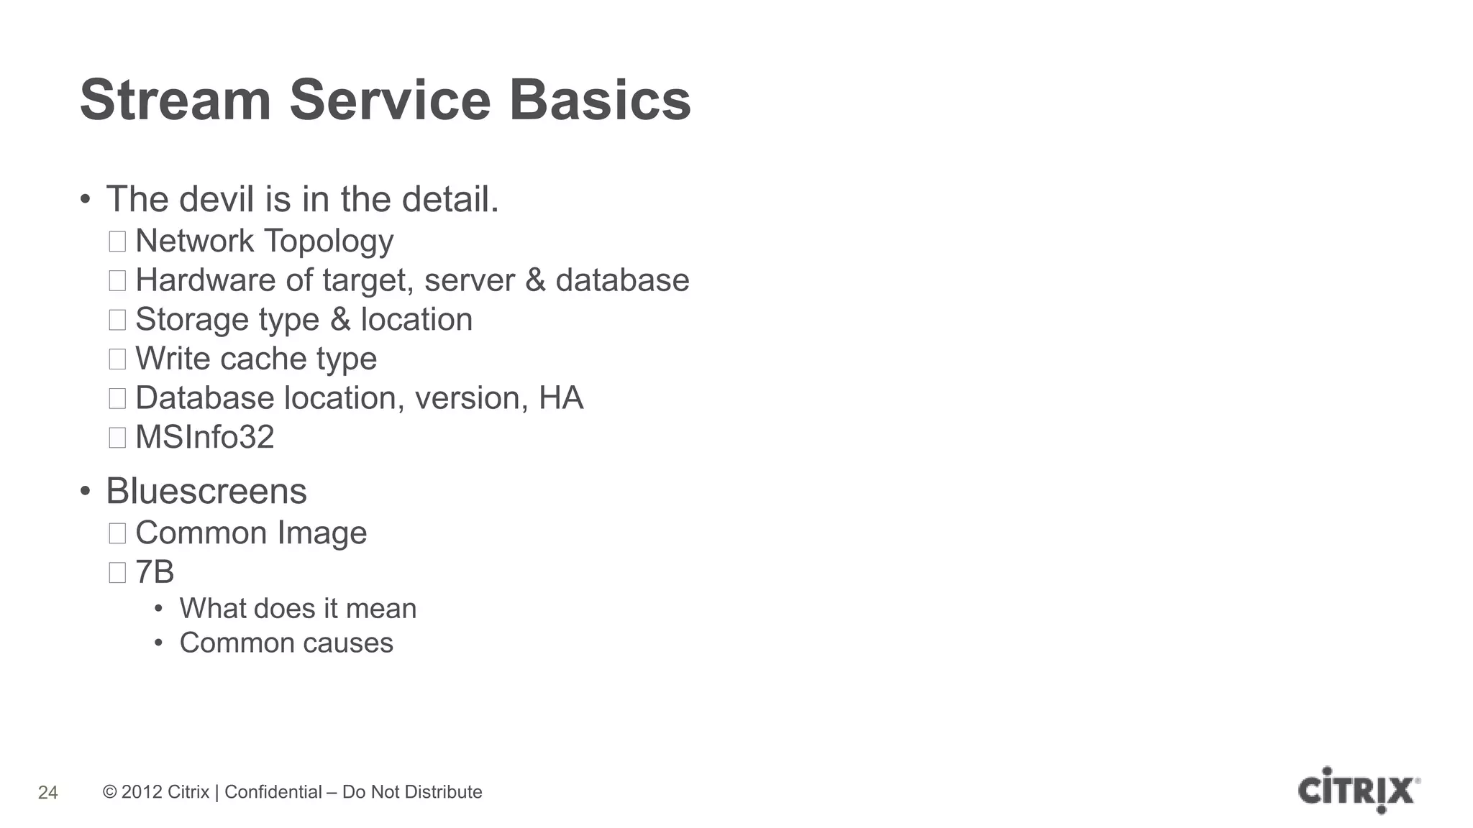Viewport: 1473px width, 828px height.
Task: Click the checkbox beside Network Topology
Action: [117, 241]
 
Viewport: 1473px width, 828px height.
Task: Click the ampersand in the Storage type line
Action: [340, 320]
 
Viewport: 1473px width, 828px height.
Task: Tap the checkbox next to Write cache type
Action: [117, 359]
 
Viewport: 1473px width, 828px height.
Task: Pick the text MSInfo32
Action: [205, 437]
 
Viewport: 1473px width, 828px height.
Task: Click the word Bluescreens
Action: [206, 492]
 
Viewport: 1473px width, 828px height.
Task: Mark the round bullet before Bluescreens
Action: [86, 492]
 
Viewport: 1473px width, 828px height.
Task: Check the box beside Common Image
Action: [117, 533]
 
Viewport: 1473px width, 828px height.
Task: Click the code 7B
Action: [155, 572]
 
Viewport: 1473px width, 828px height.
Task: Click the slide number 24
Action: [47, 793]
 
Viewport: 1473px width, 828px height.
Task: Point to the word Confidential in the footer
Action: [273, 792]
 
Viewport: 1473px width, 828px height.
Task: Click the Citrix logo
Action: [1359, 791]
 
